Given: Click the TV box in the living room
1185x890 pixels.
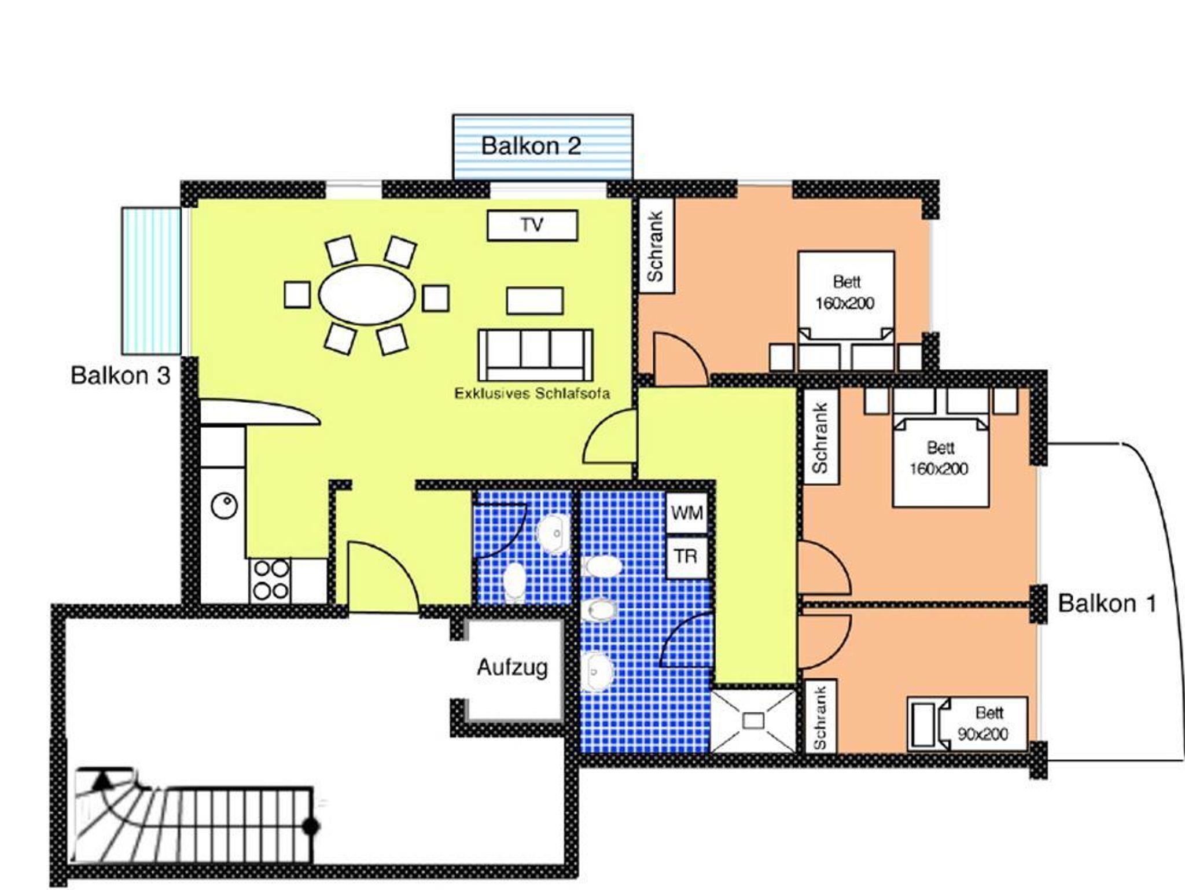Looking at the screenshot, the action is pos(532,225).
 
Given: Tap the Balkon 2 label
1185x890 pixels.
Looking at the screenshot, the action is pos(531,146).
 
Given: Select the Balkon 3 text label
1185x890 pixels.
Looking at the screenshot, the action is pos(120,376).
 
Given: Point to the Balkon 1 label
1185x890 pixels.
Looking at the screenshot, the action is pos(1107,604).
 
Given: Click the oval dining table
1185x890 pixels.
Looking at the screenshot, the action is pos(367,295).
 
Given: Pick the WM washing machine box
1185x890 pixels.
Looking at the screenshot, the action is pos(687,513).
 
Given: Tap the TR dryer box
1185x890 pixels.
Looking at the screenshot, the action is pos(686,557).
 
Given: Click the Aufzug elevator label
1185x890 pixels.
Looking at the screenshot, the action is pos(512,668).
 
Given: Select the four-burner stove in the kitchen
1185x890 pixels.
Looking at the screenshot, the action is pos(270,580).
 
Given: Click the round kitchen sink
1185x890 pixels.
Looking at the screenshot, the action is pos(224,506).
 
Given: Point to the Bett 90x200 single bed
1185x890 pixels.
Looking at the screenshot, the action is pos(967,723).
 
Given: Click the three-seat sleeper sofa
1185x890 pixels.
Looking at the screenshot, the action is pos(535,354).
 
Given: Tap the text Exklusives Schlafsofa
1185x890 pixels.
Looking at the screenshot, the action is pos(532,393).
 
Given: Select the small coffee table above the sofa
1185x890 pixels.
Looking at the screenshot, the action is pos(535,301).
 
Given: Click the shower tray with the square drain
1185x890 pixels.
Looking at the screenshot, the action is pos(753,720).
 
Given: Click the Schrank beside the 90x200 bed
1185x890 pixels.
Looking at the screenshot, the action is pos(820,716).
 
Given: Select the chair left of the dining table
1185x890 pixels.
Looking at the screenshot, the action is pos(297,295).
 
